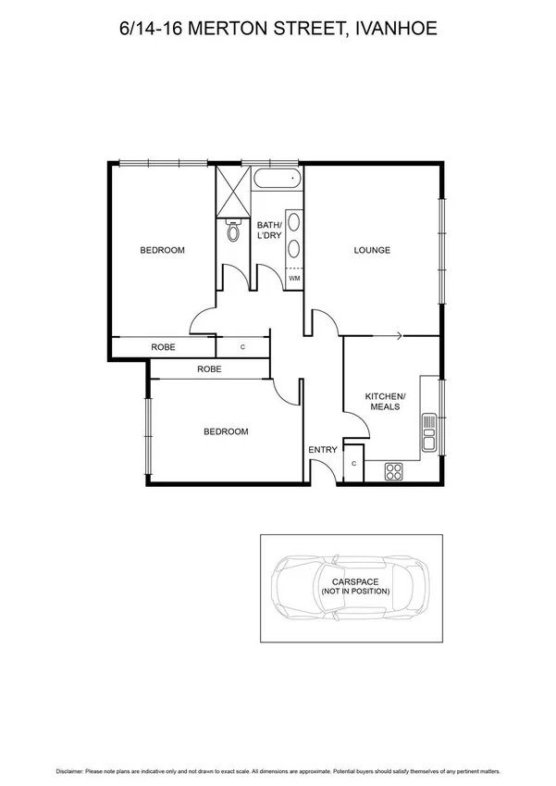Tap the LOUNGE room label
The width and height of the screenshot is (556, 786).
[x=372, y=250]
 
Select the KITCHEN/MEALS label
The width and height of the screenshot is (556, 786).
[x=385, y=401]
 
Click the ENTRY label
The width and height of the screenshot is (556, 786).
[x=323, y=450]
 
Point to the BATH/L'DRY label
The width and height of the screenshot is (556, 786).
[x=268, y=231]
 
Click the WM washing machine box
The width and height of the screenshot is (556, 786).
[x=294, y=278]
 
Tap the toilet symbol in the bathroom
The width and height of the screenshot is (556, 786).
[x=232, y=231]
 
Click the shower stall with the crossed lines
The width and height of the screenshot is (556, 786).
[x=233, y=191]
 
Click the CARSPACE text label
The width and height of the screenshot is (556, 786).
[x=355, y=581]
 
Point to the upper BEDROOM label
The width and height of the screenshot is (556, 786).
[x=162, y=250]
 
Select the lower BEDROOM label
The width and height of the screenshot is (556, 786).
[x=226, y=431]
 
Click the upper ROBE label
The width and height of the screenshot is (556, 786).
[x=164, y=347]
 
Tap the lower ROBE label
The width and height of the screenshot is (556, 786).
[x=209, y=368]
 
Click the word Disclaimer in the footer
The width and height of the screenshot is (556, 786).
[x=68, y=770]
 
